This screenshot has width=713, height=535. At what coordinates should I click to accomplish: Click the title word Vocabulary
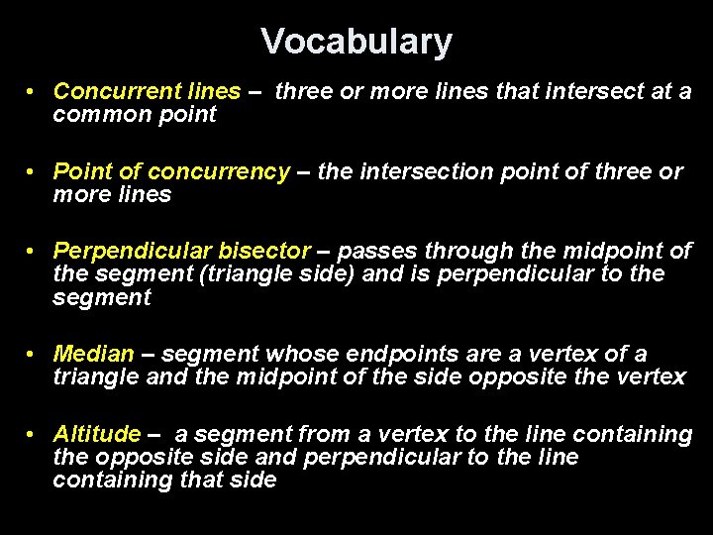[x=356, y=42]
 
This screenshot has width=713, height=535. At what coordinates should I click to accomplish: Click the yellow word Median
[x=93, y=354]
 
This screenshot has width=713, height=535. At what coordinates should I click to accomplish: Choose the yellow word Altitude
[x=97, y=434]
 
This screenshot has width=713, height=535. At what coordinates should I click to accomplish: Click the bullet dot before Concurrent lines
[x=34, y=91]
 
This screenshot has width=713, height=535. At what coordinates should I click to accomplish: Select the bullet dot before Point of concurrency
[x=34, y=171]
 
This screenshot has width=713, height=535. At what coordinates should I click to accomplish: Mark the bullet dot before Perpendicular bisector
[x=34, y=251]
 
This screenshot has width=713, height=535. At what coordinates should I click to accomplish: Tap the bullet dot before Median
[x=34, y=354]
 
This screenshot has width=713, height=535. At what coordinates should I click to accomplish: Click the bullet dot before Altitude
[x=34, y=434]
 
